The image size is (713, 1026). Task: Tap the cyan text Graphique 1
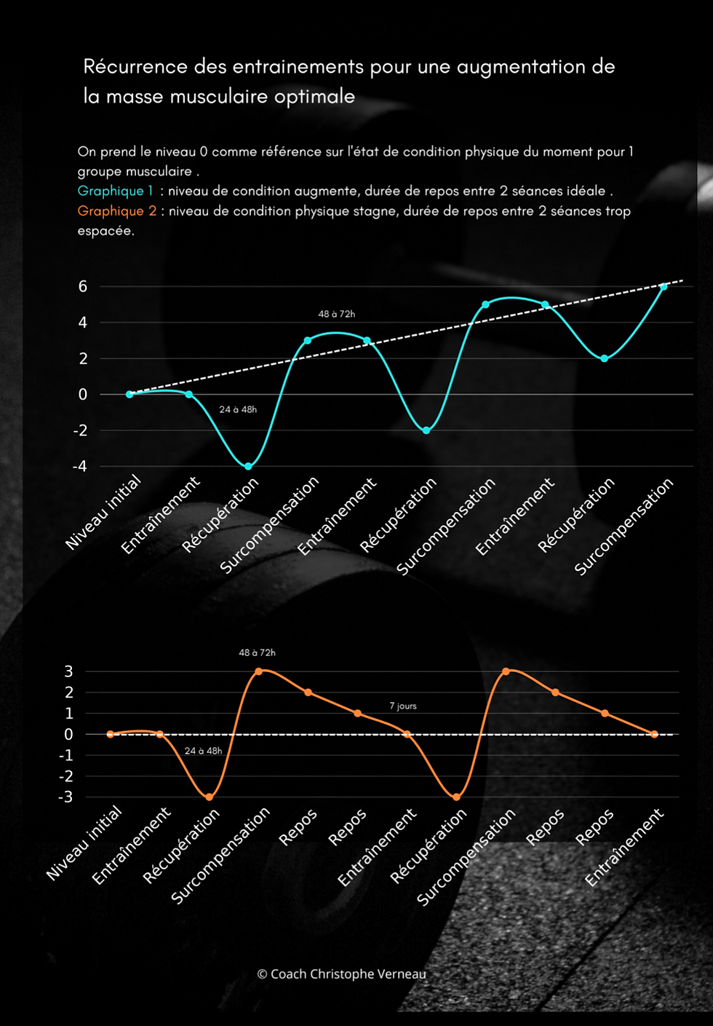116,191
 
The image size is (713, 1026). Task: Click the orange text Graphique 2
116,211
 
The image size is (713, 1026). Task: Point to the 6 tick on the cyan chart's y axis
83,286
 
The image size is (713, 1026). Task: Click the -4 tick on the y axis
79,467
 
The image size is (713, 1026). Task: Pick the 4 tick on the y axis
83,323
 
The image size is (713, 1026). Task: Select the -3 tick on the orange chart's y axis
65,797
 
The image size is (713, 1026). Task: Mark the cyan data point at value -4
248,466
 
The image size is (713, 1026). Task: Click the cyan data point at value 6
663,286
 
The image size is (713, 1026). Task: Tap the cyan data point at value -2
426,430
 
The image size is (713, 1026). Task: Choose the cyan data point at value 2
604,358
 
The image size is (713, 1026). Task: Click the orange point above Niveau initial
111,734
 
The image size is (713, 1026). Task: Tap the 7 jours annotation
403,706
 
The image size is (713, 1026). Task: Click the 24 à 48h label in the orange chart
203,751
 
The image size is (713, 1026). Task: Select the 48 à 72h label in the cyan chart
336,314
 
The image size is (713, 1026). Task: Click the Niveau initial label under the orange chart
85,844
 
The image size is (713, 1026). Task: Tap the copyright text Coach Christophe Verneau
342,974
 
